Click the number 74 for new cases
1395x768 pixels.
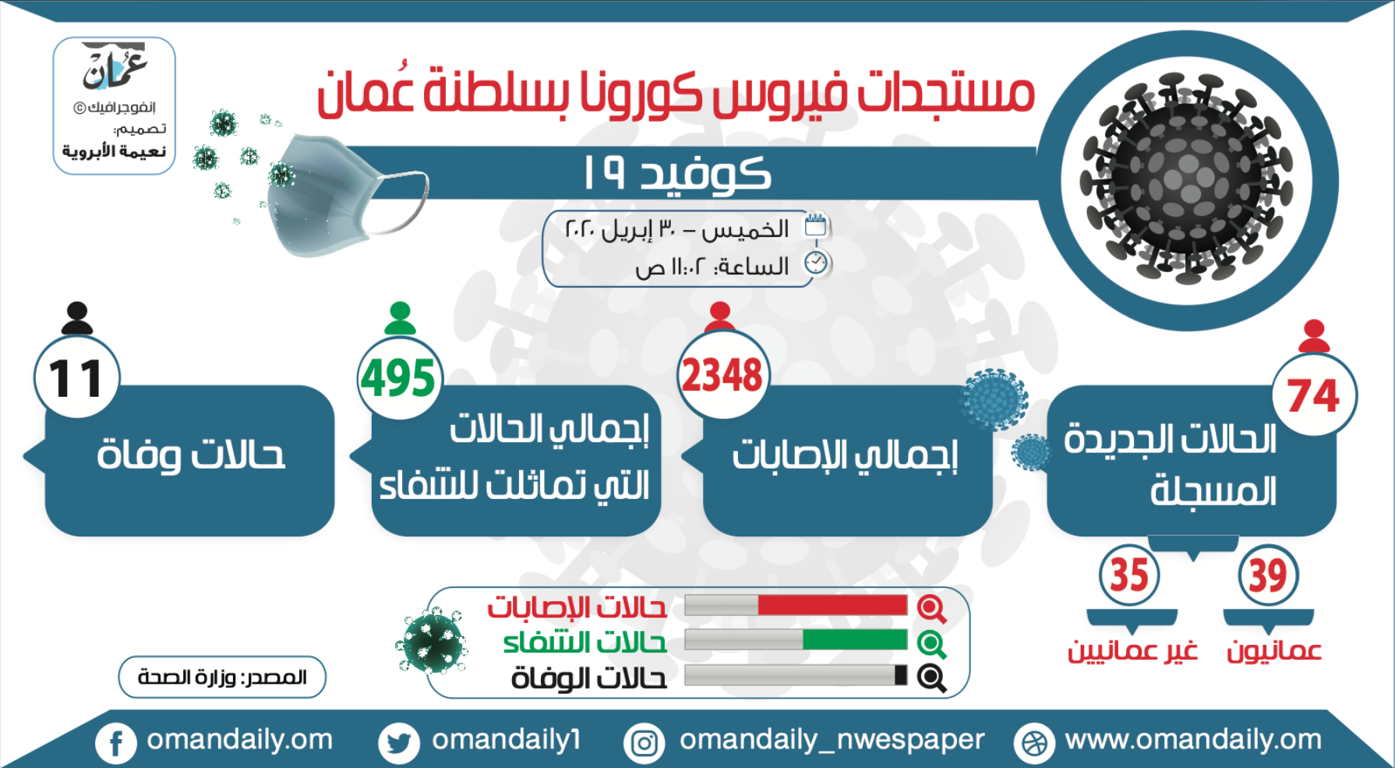coord(1313,395)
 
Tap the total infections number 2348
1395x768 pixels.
coord(722,375)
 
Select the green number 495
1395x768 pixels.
coord(398,378)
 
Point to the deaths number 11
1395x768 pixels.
coord(76,379)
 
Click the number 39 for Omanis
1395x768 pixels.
coord(1268,575)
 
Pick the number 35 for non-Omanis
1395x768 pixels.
coord(1129,575)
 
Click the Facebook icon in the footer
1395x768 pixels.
coord(116,742)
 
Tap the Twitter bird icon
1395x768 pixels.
coord(398,742)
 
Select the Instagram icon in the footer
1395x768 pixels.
coord(645,742)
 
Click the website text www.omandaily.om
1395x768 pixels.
coord(1193,739)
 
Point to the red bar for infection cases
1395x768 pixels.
coord(832,605)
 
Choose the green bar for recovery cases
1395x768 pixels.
coord(855,640)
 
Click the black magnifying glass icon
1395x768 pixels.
coord(931,678)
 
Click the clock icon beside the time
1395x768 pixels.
coord(816,263)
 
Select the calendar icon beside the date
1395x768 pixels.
coord(815,225)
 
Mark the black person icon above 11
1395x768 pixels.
coord(76,318)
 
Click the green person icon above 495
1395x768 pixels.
coord(400,318)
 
